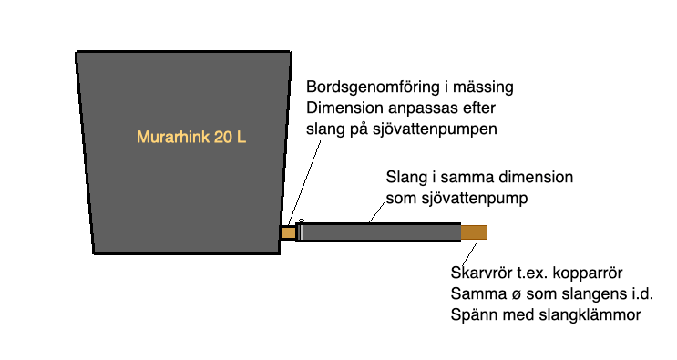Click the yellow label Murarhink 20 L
pyautogui.click(x=191, y=139)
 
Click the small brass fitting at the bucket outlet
pyautogui.click(x=288, y=232)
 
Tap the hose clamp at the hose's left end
pyautogui.click(x=300, y=231)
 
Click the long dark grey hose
pyautogui.click(x=383, y=232)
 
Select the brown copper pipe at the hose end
pyautogui.click(x=474, y=232)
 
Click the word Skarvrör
pyautogui.click(x=483, y=273)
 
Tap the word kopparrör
pyautogui.click(x=601, y=273)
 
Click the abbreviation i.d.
pyautogui.click(x=643, y=293)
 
